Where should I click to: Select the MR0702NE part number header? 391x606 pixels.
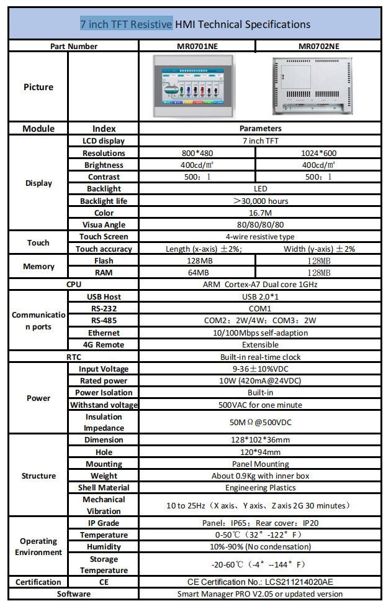319,46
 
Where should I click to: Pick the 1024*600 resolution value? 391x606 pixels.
318,153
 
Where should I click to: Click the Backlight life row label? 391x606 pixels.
104,201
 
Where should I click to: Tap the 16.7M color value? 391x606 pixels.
260,213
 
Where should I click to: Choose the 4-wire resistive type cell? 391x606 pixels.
260,236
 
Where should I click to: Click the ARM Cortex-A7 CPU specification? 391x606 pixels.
260,284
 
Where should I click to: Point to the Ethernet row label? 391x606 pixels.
104,333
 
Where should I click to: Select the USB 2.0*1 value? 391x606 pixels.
260,296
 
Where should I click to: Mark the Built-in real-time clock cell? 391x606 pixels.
260,357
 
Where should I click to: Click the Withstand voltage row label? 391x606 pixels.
104,405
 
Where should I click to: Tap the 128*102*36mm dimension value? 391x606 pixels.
260,439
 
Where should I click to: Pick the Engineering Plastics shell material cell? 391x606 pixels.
260,487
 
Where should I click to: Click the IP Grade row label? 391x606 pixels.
104,523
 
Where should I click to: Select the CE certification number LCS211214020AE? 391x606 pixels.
260,582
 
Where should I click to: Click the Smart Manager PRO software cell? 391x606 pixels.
260,594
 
